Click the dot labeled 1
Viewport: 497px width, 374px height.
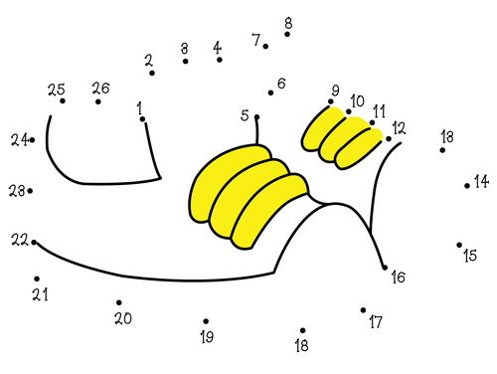pos(143,119)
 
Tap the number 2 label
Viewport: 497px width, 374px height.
pos(148,61)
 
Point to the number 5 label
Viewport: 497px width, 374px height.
pos(245,115)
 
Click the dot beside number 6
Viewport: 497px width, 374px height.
pos(270,93)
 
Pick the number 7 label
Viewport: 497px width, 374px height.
pos(256,41)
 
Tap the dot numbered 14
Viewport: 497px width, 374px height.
pos(467,185)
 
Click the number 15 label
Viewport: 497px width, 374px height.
pos(470,256)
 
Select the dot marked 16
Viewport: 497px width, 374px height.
pos(385,267)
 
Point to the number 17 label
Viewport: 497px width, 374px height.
pos(375,322)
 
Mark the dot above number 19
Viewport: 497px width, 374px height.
pos(206,321)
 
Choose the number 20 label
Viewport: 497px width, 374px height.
pos(123,318)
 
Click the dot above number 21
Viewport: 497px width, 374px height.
pos(37,280)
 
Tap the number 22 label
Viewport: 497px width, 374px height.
pos(19,240)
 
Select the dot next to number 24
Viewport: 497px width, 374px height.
pos(32,140)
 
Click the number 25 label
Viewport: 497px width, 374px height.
pos(56,90)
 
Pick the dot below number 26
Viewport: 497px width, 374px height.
pos(98,101)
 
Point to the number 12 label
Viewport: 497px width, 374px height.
pos(399,127)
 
